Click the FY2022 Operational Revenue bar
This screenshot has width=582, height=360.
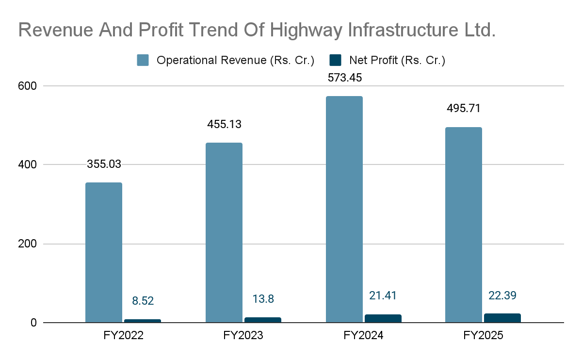(x=104, y=252)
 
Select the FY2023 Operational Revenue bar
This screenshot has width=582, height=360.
(x=224, y=232)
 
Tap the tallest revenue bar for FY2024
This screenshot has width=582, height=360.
(x=344, y=209)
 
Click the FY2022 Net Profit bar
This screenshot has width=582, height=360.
(x=143, y=321)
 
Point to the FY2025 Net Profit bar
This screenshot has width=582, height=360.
(x=502, y=318)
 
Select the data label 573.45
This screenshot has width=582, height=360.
(x=344, y=78)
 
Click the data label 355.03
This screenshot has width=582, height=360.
(x=104, y=164)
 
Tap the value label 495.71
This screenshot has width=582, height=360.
(x=464, y=108)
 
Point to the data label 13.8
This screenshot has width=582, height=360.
(x=263, y=299)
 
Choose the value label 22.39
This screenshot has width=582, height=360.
(x=502, y=295)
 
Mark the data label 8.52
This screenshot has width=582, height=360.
(x=143, y=301)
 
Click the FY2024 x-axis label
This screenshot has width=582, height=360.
(x=364, y=335)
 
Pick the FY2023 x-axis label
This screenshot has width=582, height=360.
(x=243, y=335)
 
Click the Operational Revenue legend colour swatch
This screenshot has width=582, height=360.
(x=143, y=60)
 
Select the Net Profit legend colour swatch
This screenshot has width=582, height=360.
(x=336, y=60)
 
